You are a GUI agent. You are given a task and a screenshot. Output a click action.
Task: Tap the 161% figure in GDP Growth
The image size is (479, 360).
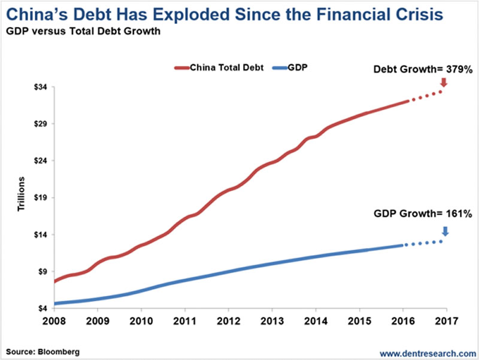point(460,213)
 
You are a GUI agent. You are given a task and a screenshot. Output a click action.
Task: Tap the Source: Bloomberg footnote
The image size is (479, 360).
point(43,350)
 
